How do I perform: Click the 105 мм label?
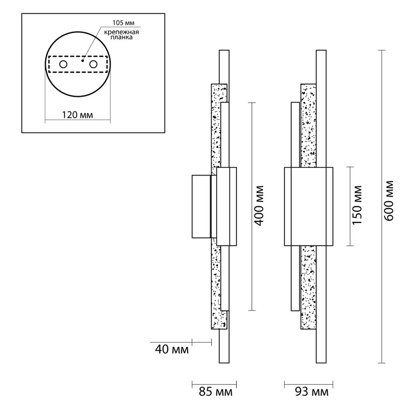[124, 22]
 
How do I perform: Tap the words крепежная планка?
[121, 35]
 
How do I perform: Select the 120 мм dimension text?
[77, 115]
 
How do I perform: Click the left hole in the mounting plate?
[63, 64]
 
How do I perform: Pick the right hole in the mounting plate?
[93, 64]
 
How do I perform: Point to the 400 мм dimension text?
[259, 206]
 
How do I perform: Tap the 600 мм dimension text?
[389, 200]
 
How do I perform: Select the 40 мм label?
[172, 349]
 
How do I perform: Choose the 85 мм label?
[216, 392]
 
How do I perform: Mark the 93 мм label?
[312, 392]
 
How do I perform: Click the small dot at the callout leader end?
[83, 61]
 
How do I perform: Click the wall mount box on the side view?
[201, 206]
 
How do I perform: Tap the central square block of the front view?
[308, 206]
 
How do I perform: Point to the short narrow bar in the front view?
[295, 207]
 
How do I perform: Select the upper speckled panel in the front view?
[308, 126]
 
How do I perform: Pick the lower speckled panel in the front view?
[308, 288]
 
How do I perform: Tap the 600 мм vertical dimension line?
[382, 206]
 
